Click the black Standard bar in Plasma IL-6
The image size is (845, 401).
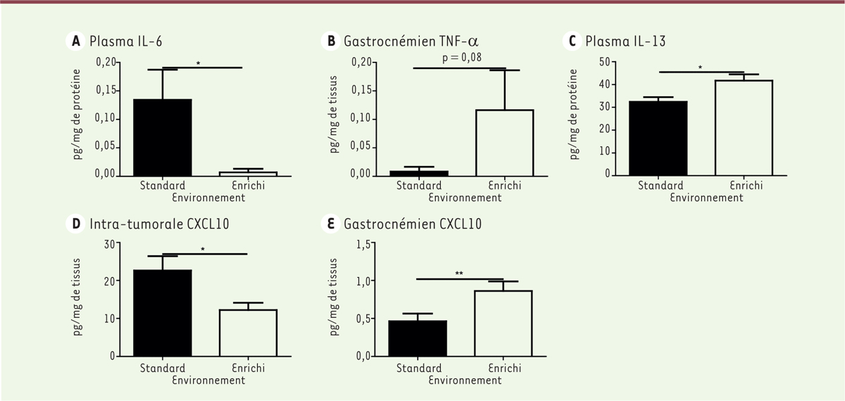tap(163, 137)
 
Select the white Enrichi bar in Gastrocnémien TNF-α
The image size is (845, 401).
tap(504, 143)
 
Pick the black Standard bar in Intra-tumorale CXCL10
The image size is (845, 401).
tap(163, 313)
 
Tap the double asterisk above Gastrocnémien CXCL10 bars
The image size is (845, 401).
tap(459, 274)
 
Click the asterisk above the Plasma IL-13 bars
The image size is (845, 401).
tap(700, 68)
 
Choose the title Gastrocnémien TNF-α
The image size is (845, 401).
tap(412, 41)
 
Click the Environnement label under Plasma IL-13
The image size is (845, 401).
tap(706, 198)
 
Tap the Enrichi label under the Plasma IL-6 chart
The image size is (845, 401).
tap(249, 186)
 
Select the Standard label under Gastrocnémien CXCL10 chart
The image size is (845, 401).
tap(418, 368)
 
